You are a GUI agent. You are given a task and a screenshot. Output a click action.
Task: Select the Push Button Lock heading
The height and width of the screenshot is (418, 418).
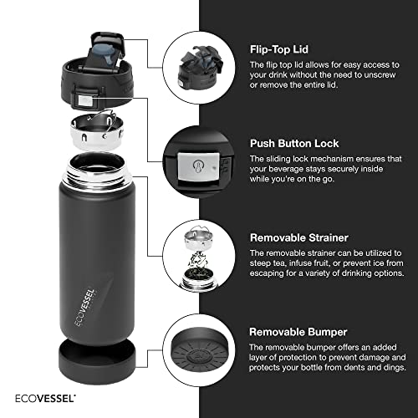point(295,143)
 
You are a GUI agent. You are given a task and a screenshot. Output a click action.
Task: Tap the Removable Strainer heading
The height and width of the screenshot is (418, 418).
point(299,237)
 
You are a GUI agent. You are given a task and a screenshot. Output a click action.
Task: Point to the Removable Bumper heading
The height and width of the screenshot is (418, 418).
point(298,331)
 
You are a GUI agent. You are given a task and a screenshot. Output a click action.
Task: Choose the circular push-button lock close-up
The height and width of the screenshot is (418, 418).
point(196,159)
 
